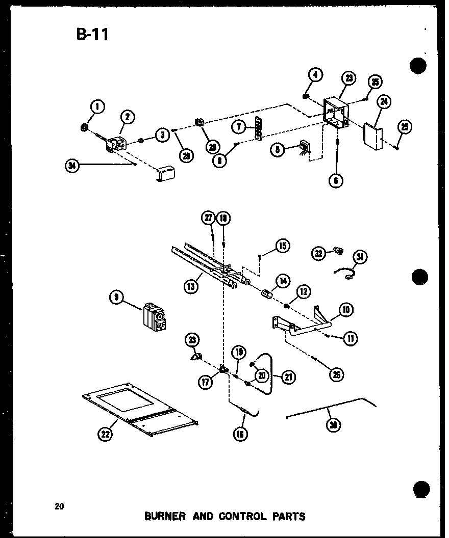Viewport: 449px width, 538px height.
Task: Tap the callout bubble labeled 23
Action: pyautogui.click(x=349, y=78)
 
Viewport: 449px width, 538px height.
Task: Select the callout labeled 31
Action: pyautogui.click(x=361, y=257)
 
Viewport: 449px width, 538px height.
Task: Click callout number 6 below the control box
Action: pyautogui.click(x=336, y=180)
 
